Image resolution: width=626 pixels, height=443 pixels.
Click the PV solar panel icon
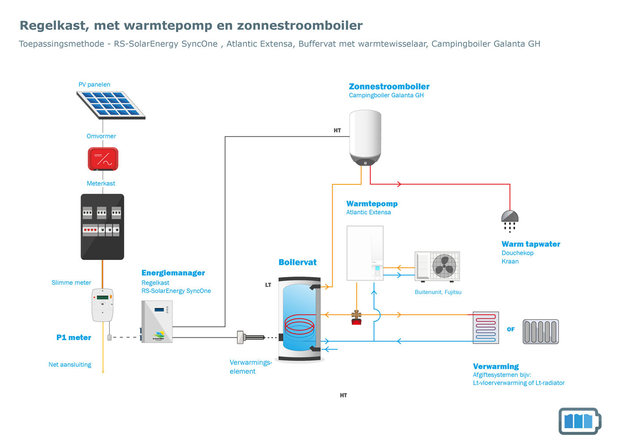[x=110, y=105]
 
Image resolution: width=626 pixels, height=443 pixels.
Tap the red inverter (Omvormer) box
[x=103, y=159]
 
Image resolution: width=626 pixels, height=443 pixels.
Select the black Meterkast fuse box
[x=102, y=227]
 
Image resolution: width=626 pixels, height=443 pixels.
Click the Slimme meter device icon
[x=102, y=305]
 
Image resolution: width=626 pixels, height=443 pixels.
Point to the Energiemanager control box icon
[x=157, y=321]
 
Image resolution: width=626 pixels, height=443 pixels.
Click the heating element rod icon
[x=250, y=337]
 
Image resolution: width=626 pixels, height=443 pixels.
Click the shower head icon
[x=510, y=219]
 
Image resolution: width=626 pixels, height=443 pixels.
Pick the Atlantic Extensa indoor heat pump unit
[x=365, y=253]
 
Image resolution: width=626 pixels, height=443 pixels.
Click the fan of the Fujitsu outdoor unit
[x=444, y=265]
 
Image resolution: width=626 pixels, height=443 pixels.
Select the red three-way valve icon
[x=356, y=317]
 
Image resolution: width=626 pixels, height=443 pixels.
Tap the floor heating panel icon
[x=486, y=328]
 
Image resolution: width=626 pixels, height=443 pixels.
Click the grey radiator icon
[x=541, y=332]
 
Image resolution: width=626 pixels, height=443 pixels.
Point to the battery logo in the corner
[x=579, y=421]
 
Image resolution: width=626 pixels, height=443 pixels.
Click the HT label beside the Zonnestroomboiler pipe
[x=337, y=131]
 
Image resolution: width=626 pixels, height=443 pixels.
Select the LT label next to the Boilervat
[x=268, y=285]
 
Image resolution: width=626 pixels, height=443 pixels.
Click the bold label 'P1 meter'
[x=74, y=338]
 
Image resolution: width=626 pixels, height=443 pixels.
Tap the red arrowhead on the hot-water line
[x=398, y=184]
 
